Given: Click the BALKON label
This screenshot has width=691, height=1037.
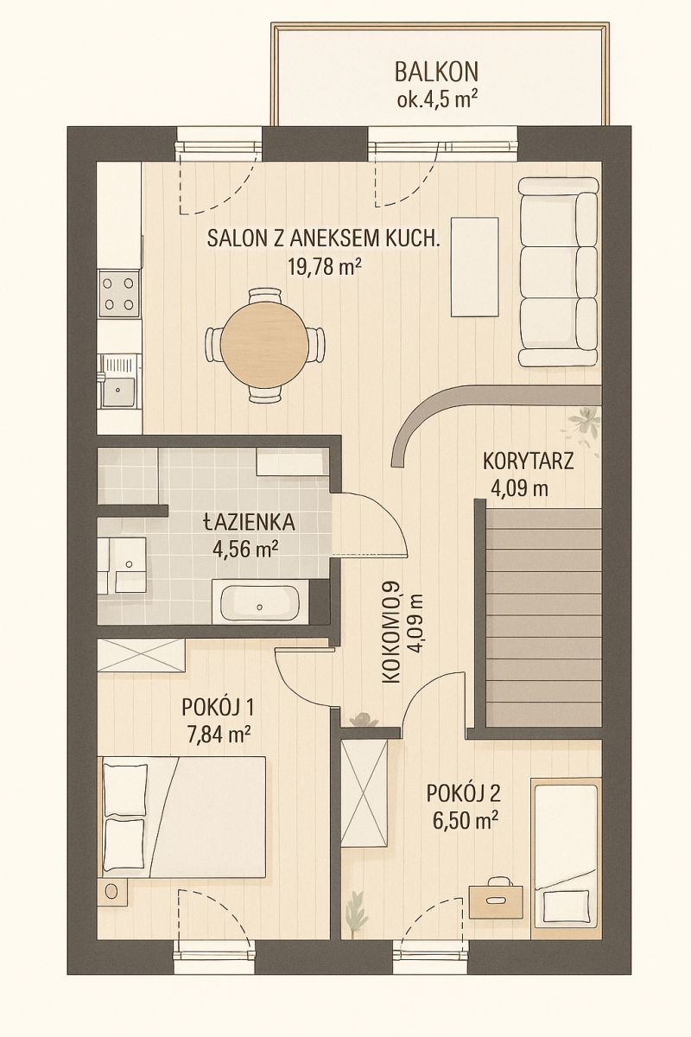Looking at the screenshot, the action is point(436,72).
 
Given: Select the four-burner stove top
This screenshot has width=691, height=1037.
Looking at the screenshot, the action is point(119,294).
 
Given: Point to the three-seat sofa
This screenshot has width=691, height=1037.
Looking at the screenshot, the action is point(558,273).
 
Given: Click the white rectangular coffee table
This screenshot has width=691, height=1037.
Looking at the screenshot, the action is point(475,267).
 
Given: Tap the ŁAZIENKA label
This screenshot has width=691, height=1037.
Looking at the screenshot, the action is point(249,522).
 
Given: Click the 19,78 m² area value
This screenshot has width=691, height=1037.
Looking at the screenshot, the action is point(324,267).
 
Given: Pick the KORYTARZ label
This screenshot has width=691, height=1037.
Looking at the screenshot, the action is point(528,461).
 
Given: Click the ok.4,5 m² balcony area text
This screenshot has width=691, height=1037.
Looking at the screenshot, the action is point(437,99).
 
